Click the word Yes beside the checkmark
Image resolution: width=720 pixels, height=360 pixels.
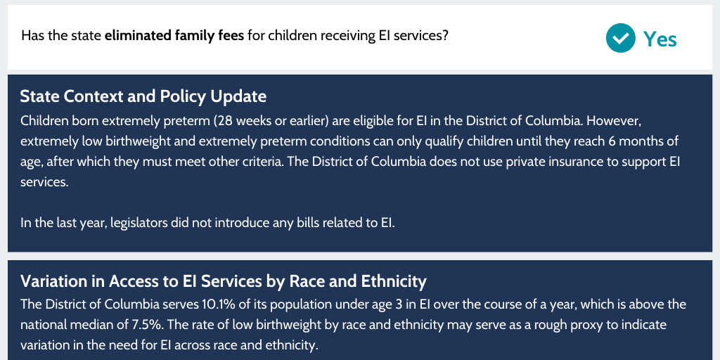coord(660,39)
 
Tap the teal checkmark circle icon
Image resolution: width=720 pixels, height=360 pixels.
coord(620,38)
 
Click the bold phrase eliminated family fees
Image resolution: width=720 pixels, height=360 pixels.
coord(174,35)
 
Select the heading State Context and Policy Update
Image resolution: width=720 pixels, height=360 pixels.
coord(143,96)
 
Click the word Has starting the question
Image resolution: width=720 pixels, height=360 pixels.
coord(32,35)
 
